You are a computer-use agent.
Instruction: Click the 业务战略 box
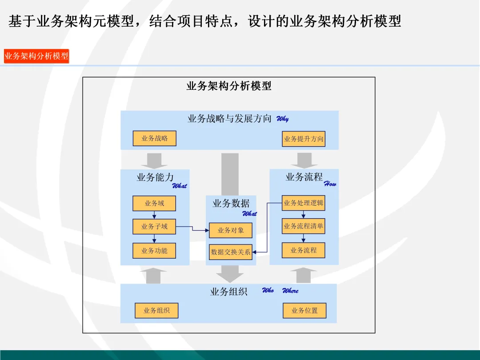[155, 139]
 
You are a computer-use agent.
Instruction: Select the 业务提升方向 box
[304, 139]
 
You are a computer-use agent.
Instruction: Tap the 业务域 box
[155, 204]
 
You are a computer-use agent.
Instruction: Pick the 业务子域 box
[155, 227]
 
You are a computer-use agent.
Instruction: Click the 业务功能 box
[155, 251]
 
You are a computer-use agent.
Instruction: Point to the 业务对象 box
[231, 230]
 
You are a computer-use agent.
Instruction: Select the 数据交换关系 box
[231, 252]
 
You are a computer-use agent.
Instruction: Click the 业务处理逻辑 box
[304, 203]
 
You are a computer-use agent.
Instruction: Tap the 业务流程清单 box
[304, 226]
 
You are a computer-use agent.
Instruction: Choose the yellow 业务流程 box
[304, 250]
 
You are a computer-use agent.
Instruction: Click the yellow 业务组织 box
[156, 311]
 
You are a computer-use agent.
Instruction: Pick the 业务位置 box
[304, 311]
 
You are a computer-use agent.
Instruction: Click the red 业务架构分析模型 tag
[36, 56]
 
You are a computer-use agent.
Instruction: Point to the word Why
[283, 119]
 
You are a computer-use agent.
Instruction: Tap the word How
[330, 184]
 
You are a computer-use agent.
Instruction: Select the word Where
[290, 291]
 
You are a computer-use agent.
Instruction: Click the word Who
[268, 290]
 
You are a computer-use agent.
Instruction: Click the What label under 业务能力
[180, 186]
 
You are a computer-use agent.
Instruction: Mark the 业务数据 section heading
[231, 204]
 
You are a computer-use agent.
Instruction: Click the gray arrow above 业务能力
[154, 160]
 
